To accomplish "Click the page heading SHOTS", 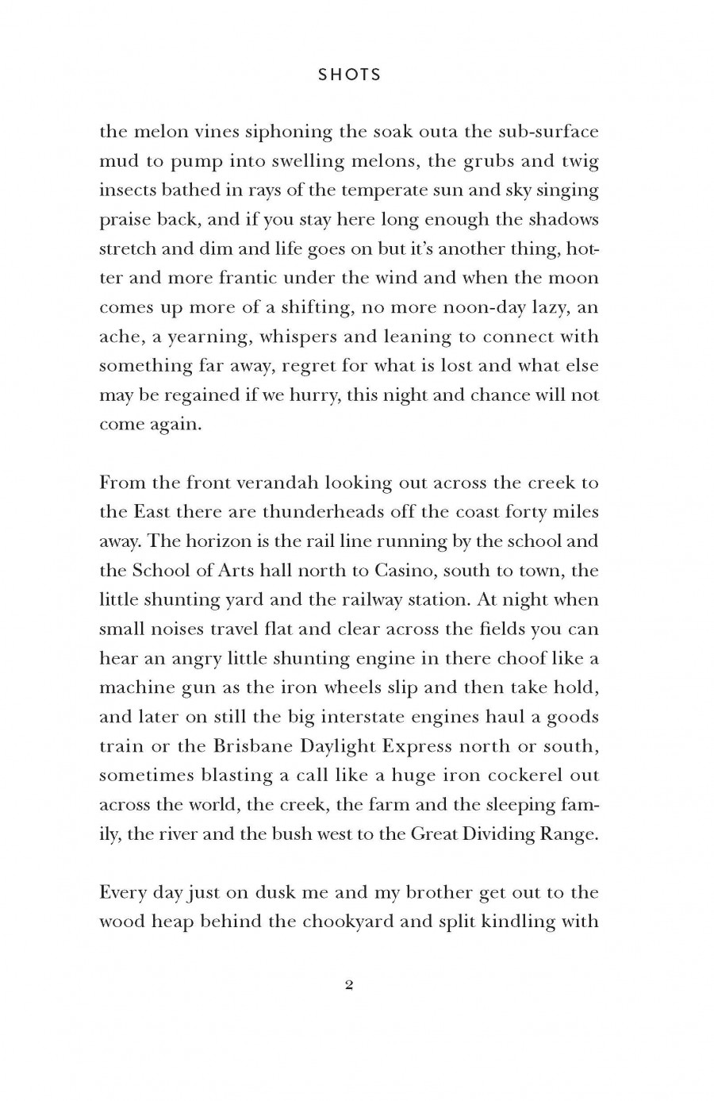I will coord(350,75).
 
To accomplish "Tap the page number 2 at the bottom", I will coord(349,985).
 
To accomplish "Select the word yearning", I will coord(205,337).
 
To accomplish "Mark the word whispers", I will coord(297,337).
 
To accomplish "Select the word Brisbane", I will coord(251,746).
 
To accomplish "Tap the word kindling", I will coord(511,922).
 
